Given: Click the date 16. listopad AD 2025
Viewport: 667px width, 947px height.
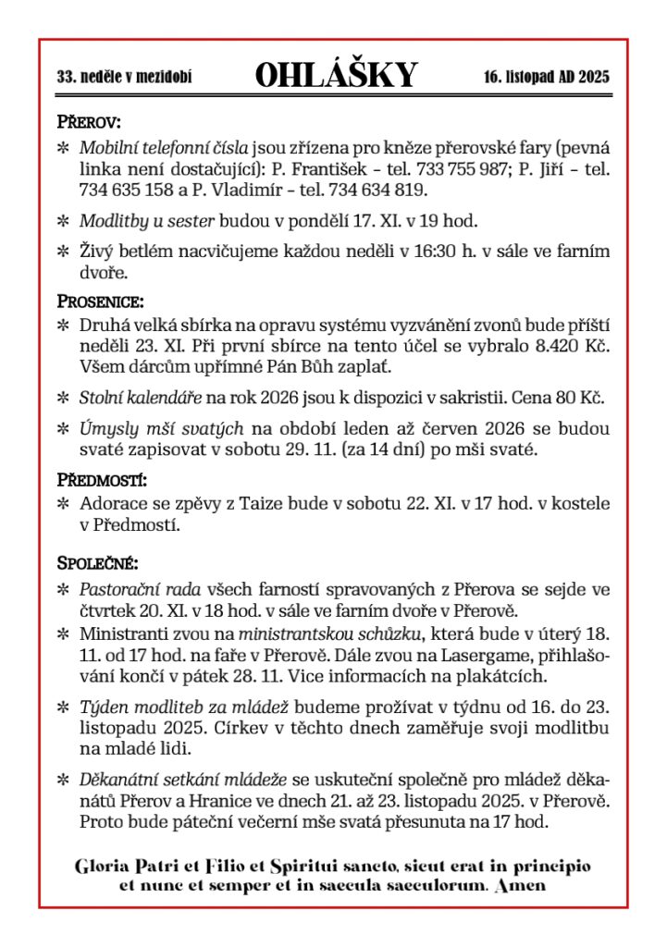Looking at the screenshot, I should (546, 78).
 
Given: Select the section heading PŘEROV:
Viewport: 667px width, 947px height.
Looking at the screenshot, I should (89, 122).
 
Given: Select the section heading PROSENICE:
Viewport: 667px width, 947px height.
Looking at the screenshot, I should (100, 301).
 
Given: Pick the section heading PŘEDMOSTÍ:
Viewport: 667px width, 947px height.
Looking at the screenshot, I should (103, 480).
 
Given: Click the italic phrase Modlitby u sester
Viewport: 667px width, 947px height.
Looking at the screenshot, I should (147, 221).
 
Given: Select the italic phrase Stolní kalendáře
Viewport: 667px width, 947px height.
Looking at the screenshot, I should (141, 399).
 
